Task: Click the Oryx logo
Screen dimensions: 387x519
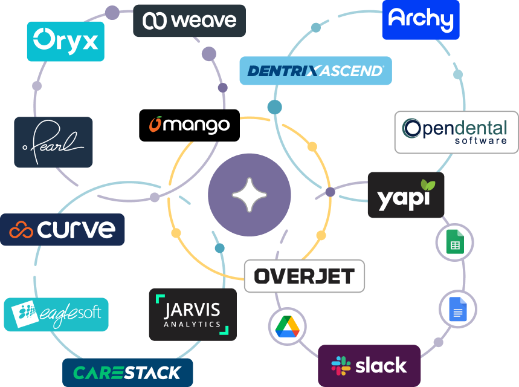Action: pos(65,41)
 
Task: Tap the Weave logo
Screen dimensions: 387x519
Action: pos(189,21)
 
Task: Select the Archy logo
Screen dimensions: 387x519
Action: pos(421,19)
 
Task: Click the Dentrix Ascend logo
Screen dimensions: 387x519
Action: pos(315,71)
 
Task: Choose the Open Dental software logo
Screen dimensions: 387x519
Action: pos(456,132)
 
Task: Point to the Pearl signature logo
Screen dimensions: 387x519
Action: pos(53,142)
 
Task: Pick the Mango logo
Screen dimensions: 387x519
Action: pos(190,125)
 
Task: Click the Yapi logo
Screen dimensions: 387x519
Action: pos(405,195)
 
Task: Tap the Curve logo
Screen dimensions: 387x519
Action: pos(62,230)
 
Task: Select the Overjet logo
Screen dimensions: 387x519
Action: pos(304,276)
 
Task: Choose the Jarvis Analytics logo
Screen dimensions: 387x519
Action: pos(193,314)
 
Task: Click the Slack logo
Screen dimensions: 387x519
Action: pos(369,365)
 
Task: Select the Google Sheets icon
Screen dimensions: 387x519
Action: pos(454,242)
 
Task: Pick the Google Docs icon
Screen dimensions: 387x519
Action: pos(457,309)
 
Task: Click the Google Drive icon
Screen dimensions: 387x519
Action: pos(287,327)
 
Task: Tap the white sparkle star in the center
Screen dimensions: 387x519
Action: pos(249,195)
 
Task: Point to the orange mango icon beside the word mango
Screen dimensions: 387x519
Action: pos(156,124)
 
